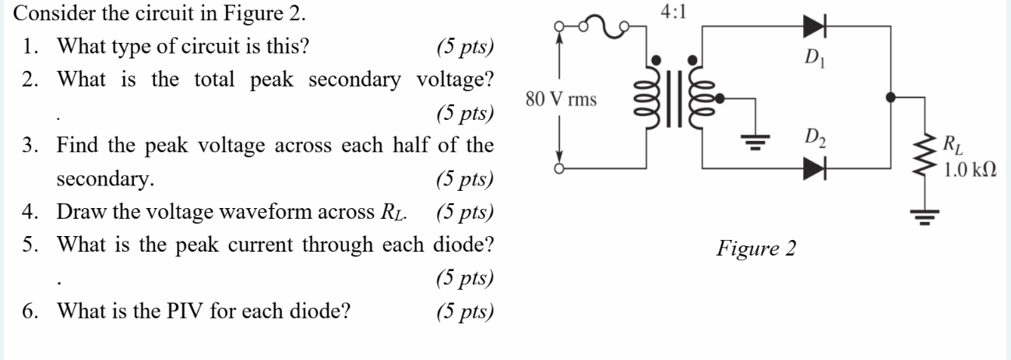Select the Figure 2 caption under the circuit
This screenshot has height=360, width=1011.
(756, 249)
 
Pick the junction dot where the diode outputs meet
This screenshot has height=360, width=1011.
(892, 98)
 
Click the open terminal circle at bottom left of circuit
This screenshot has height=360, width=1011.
(558, 168)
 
